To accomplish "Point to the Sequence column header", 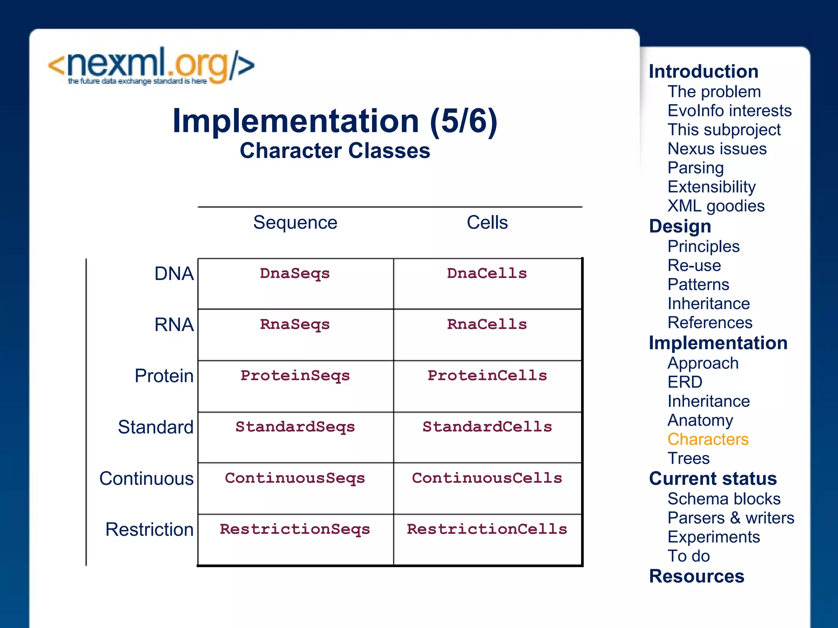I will click(x=295, y=222).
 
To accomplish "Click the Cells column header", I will click(x=487, y=222).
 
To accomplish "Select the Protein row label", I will click(x=164, y=375).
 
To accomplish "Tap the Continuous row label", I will click(x=146, y=478).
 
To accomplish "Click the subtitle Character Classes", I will click(x=335, y=150).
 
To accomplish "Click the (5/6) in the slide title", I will click(x=463, y=121).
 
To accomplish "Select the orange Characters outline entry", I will click(x=708, y=439).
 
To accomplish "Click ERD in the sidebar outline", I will click(x=685, y=382).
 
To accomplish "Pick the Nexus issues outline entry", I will click(x=717, y=149).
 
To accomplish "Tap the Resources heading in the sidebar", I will click(x=696, y=576).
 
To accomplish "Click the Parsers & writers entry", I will click(x=731, y=518).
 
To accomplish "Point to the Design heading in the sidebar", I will click(x=680, y=226).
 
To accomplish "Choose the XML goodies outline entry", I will click(x=716, y=206).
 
